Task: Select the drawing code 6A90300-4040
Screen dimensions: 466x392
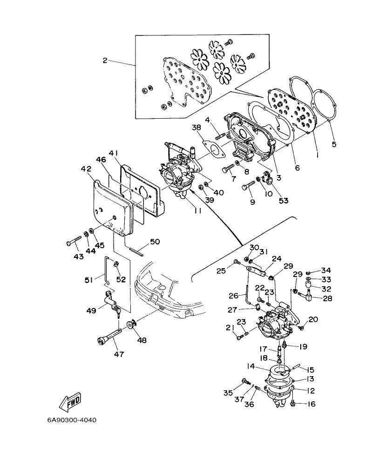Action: (72, 420)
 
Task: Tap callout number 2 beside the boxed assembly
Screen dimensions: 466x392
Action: (105, 60)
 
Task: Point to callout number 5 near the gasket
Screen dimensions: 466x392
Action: (334, 144)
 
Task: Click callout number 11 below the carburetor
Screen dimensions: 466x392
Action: (198, 211)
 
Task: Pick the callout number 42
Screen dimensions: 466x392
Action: (86, 169)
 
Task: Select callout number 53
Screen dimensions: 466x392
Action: (283, 201)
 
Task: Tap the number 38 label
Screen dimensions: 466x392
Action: (196, 127)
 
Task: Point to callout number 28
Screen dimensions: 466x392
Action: (328, 298)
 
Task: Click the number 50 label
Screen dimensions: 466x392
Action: (155, 241)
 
